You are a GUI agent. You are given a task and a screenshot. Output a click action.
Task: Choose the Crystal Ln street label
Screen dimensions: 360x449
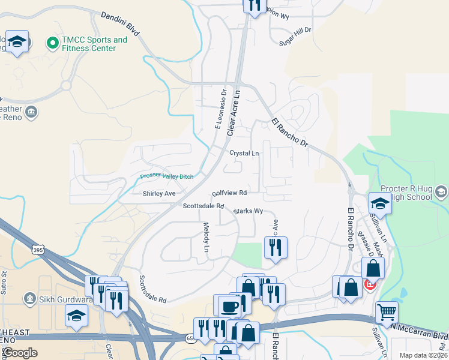coord(244,153)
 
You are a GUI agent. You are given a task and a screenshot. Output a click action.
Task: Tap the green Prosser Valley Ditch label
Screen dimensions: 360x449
coord(167,176)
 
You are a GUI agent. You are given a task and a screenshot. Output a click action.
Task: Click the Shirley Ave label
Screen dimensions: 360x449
coord(158,194)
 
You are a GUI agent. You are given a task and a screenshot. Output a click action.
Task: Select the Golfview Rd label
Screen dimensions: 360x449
coord(230,193)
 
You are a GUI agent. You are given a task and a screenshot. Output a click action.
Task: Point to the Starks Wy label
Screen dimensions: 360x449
coord(249,211)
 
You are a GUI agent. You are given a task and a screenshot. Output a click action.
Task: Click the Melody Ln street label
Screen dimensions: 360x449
coord(206,236)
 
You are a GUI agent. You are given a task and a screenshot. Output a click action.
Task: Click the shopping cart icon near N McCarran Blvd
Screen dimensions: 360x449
coord(387,312)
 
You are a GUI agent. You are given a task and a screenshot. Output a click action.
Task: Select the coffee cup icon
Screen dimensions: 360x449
coord(228,306)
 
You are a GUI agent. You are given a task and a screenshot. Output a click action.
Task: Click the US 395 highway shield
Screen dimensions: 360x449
coord(38,249)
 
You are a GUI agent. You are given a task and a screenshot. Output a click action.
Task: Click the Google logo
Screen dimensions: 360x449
coord(19,353)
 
